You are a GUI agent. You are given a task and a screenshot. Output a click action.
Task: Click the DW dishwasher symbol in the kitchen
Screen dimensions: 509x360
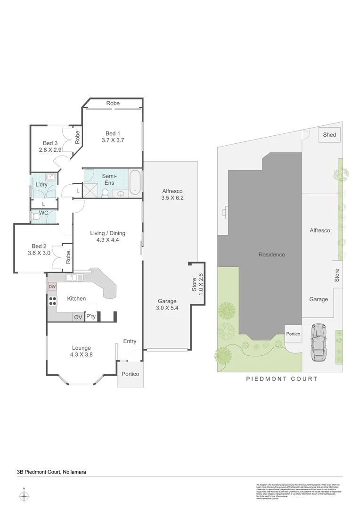52,287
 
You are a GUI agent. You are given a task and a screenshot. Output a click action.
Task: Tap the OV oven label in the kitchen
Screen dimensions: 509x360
78,317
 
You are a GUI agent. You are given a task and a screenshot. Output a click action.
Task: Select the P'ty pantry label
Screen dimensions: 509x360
90,317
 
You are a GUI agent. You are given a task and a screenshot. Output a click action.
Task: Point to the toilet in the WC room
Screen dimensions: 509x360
36,216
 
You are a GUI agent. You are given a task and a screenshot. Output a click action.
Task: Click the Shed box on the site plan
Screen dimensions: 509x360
329,135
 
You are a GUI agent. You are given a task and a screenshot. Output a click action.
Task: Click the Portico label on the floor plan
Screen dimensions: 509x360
131,374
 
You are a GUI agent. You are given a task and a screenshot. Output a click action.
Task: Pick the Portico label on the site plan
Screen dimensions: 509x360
293,334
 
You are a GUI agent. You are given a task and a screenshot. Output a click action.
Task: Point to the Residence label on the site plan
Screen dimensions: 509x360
271,254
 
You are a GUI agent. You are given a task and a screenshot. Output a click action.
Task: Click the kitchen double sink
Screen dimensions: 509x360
74,278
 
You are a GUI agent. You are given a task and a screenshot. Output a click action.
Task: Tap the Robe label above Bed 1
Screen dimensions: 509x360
113,103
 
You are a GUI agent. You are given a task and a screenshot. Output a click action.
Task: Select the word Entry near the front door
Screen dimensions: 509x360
130,341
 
